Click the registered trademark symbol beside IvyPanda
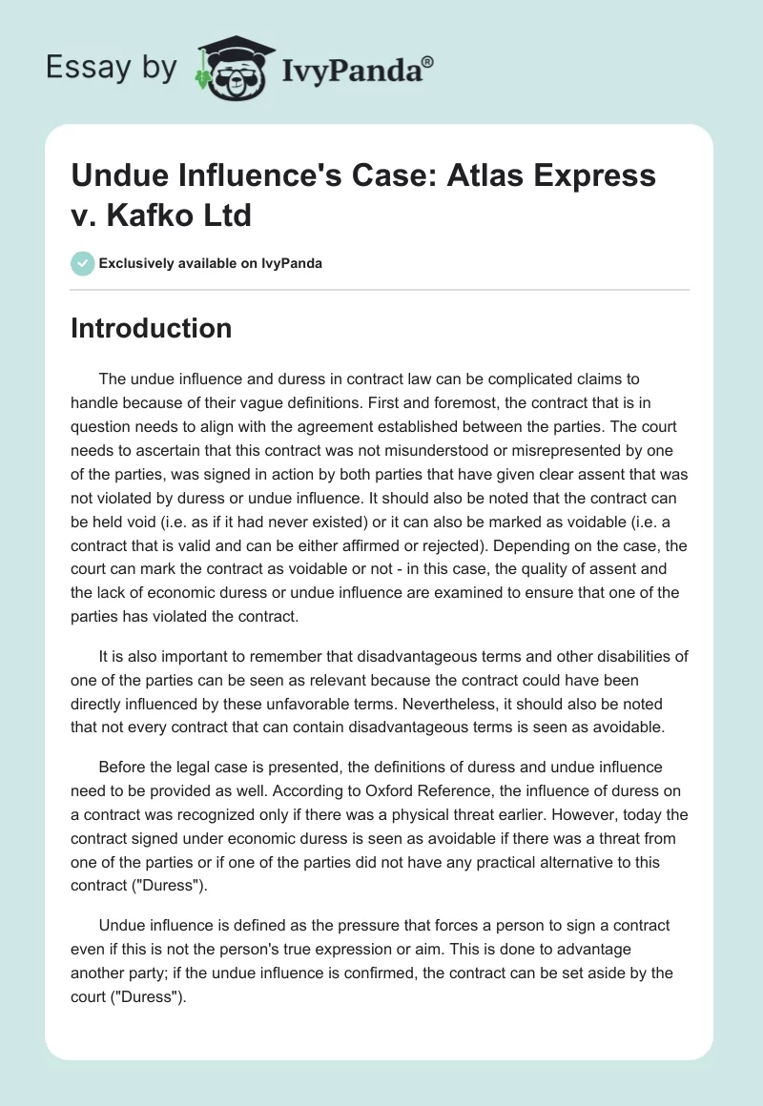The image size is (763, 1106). (427, 61)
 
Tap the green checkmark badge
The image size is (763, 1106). (82, 263)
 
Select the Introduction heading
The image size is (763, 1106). (152, 328)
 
